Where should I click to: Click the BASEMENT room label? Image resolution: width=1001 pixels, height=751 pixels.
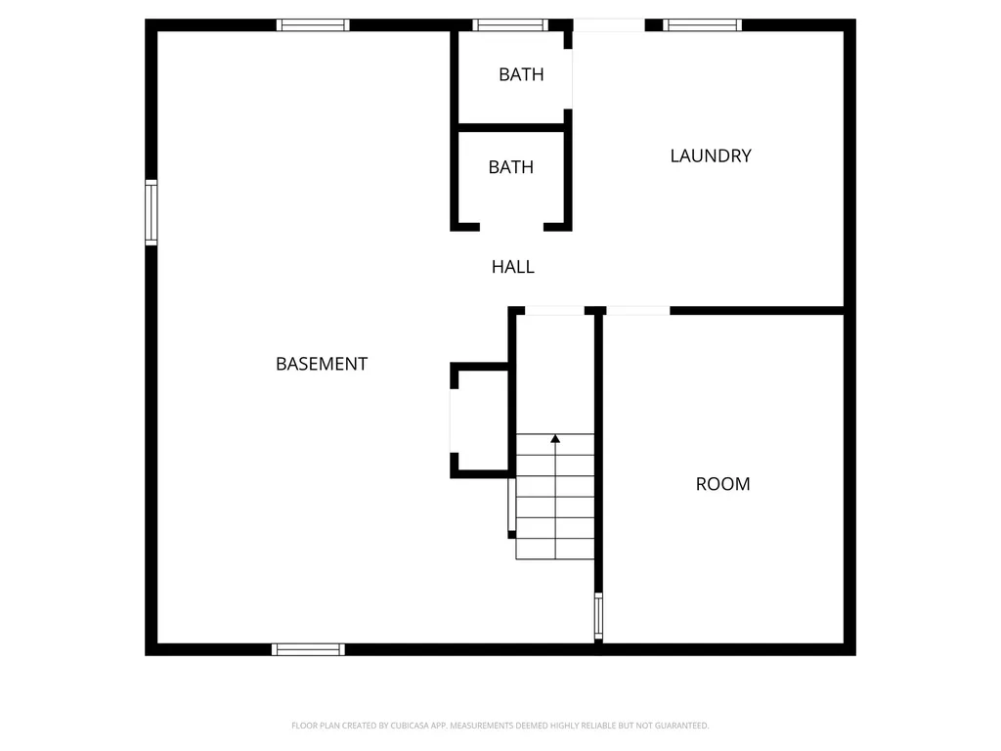click(322, 364)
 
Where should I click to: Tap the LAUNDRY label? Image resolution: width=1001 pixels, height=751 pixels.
click(711, 155)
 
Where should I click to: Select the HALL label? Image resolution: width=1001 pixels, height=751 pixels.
click(513, 266)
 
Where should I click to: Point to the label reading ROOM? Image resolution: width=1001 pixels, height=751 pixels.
click(723, 484)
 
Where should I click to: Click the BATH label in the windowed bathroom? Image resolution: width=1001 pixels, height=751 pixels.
click(521, 74)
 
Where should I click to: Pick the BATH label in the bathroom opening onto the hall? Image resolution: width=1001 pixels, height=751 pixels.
click(511, 167)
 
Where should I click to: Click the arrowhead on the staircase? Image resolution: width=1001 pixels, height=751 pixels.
click(555, 439)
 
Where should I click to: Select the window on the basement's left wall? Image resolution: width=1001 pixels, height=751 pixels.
click(152, 211)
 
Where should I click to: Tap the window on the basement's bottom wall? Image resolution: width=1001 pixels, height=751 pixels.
click(308, 649)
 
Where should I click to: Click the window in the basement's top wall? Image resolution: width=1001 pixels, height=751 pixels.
click(313, 25)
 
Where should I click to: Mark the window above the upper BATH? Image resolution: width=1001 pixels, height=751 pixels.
click(510, 25)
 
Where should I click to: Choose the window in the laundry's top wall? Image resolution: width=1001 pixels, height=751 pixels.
click(702, 25)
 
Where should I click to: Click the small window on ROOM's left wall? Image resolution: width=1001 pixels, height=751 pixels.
click(598, 616)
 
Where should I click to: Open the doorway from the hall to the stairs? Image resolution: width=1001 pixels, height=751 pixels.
click(555, 311)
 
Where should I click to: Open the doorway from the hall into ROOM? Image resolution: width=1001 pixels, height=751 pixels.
click(638, 311)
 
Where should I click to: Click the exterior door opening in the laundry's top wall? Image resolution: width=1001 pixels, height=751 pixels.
click(608, 25)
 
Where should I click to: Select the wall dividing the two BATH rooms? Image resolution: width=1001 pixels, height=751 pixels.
click(511, 127)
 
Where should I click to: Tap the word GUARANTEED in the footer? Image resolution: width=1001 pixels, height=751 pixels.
click(680, 726)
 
